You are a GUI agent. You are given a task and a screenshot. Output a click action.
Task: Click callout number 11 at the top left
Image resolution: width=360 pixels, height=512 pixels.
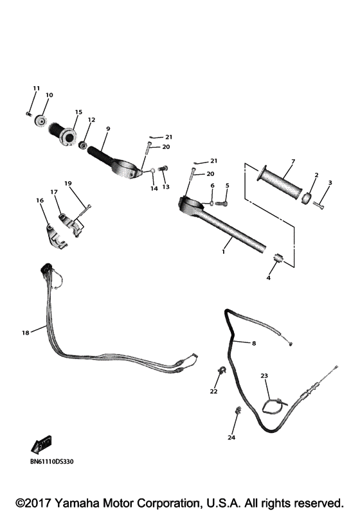tap(36, 88)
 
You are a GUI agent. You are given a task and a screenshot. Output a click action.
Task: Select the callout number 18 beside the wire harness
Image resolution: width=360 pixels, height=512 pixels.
tap(25, 332)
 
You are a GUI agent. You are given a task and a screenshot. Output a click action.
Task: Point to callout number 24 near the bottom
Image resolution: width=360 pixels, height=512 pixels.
tap(231, 437)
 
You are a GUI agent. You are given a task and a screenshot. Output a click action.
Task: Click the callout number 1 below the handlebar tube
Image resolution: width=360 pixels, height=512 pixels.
tap(223, 252)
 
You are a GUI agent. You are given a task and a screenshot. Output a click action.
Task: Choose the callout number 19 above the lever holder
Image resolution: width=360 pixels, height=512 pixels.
tap(67, 183)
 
